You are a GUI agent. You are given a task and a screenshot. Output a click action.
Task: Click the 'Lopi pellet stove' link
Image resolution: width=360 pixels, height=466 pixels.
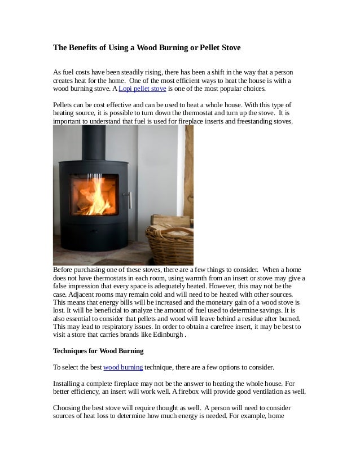[142, 89]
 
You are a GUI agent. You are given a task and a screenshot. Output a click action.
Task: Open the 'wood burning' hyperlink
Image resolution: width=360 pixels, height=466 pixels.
[123, 367]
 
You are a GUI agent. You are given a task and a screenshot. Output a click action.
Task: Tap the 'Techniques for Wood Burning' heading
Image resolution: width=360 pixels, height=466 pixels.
[98, 351]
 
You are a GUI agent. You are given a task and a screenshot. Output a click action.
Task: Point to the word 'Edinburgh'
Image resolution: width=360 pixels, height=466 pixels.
[164, 335]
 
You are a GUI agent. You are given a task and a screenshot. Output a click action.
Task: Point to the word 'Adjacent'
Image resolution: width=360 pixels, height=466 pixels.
[81, 294]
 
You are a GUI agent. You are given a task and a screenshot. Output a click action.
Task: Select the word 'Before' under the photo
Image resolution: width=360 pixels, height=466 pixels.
[64, 270]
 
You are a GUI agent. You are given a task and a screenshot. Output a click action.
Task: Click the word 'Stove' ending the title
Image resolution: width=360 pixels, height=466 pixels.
[231, 48]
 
